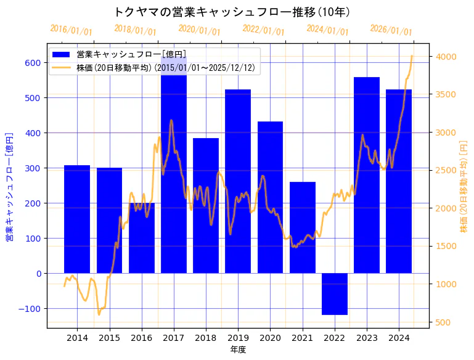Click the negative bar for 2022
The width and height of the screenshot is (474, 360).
tap(335, 294)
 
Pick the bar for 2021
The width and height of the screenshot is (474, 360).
tap(303, 227)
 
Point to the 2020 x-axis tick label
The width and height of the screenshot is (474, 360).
tap(270, 338)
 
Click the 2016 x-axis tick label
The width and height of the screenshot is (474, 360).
tap(141, 338)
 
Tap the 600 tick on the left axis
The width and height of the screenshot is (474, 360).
tap(33, 63)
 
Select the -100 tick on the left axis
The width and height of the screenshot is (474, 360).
tap(30, 309)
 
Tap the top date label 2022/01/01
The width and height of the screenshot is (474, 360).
tap(263, 30)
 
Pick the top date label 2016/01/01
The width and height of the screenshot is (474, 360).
tap(71, 30)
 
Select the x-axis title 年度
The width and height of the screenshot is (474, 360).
tap(238, 350)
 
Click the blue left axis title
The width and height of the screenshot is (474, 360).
tap(9, 186)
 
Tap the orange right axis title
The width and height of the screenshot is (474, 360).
tap(464, 186)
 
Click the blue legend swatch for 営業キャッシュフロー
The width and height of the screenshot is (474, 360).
tap(61, 55)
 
